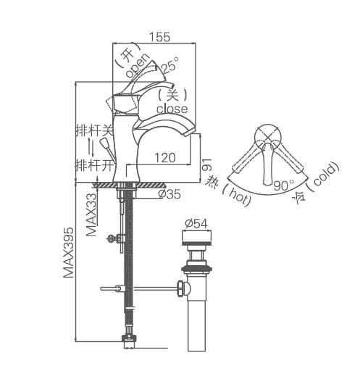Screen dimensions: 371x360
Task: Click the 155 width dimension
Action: click(159, 37)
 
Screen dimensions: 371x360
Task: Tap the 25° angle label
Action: click(169, 67)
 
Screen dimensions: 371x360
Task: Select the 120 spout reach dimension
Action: click(164, 157)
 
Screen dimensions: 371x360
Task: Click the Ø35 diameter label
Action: click(168, 193)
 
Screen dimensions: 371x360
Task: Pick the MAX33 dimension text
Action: click(91, 214)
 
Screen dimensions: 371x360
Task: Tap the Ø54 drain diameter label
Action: click(197, 223)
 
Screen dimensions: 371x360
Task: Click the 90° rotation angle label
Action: click(282, 185)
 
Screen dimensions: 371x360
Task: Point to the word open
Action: click(138, 65)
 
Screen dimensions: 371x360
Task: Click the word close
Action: click(172, 109)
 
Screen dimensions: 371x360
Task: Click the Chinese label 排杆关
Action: click(95, 130)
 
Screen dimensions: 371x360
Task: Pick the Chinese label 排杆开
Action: click(95, 164)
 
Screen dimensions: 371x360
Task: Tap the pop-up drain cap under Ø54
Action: click(197, 237)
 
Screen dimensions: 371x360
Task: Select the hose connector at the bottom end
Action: click(129, 335)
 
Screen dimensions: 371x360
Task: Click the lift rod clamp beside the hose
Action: click(113, 238)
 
